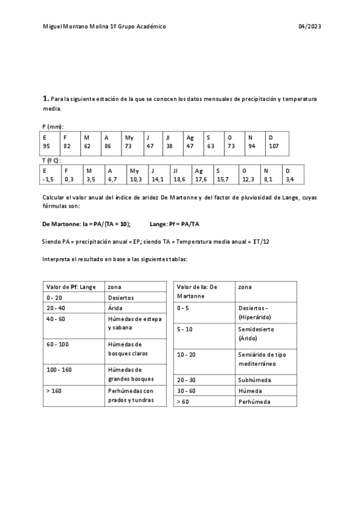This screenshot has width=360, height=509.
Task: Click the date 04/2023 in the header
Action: (308, 27)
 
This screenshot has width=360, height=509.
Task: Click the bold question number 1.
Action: (46, 98)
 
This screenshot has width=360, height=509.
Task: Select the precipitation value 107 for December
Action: (274, 146)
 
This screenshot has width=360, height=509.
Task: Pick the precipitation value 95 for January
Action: (46, 146)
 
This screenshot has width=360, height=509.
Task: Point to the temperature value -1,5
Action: (49, 179)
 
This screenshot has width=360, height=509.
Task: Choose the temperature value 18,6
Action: (179, 179)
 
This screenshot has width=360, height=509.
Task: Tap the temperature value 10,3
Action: (136, 179)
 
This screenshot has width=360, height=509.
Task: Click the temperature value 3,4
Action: (290, 179)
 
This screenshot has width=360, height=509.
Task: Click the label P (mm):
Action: (53, 127)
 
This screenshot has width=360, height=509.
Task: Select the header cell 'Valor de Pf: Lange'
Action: (71, 287)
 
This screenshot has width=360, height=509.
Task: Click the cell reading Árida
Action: (115, 307)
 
